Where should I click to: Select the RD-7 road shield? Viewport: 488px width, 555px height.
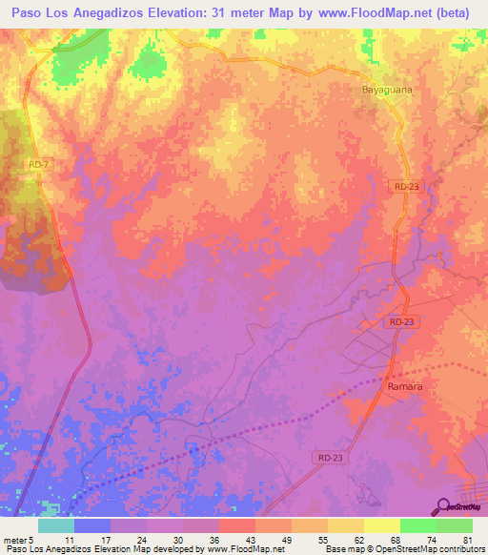38,165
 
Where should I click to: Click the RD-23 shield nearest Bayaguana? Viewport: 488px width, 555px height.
405,187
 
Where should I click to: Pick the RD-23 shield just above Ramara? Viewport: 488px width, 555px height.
401,323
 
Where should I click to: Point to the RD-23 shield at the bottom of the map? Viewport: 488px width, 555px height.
328,458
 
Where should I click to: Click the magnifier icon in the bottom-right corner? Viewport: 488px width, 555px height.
444,505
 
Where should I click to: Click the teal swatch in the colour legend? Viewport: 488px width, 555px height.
56,524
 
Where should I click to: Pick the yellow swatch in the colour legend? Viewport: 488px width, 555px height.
381,524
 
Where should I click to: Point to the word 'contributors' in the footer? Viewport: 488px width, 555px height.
460,549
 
